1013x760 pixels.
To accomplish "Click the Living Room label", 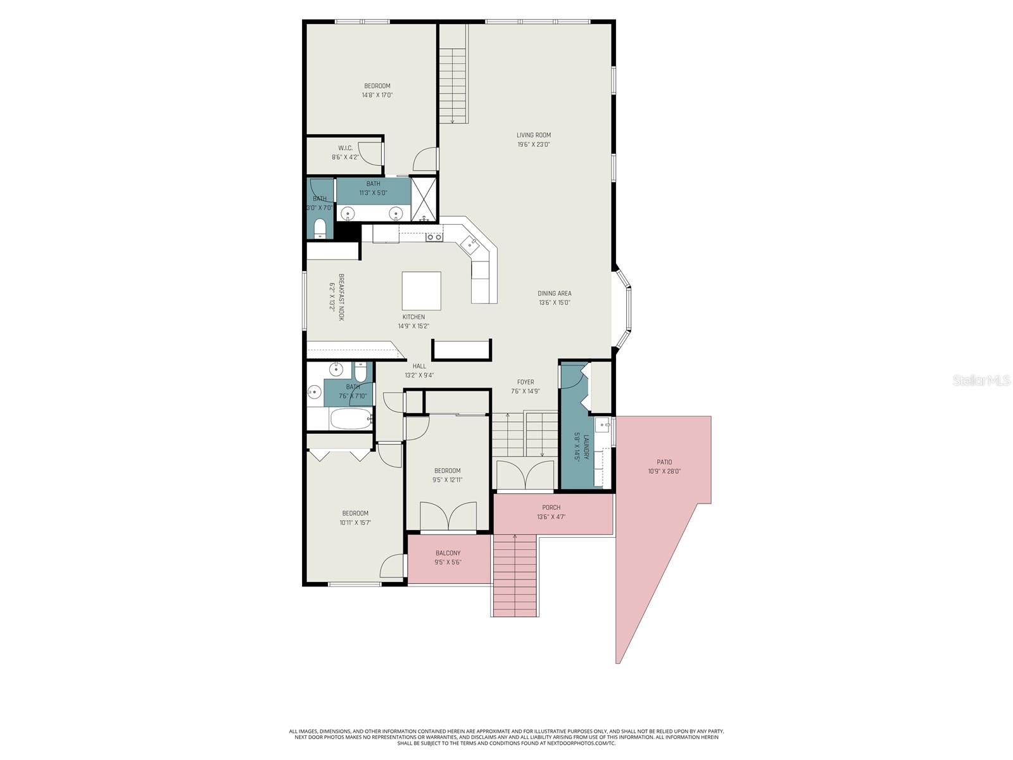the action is tap(533, 135).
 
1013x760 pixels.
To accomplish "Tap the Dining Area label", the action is tap(554, 293).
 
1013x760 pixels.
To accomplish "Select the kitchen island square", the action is tap(421, 291).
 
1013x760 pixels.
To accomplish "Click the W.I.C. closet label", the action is tap(345, 148).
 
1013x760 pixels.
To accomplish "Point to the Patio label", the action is tap(664, 462).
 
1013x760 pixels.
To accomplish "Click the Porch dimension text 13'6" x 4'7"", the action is tap(551, 517).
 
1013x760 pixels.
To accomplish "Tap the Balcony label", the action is tap(448, 553).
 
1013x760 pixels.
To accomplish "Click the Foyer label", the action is tap(525, 382).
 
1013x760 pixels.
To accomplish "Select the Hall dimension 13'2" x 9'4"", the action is tap(418, 376).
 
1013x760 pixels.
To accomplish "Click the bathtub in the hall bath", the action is tap(351, 419).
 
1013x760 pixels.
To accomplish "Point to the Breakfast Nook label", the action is tap(341, 297).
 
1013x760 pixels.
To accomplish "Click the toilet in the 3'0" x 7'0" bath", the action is tap(319, 229).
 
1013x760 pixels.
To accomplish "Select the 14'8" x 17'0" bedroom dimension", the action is tap(377, 95).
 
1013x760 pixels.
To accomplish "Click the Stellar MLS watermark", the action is tap(981, 381).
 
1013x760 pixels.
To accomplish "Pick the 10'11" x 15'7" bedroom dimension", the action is tap(355, 523).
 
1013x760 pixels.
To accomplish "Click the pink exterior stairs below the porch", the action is tap(514, 575).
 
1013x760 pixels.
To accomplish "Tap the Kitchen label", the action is tap(413, 317).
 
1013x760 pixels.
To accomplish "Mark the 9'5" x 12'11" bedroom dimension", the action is tap(447, 480).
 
